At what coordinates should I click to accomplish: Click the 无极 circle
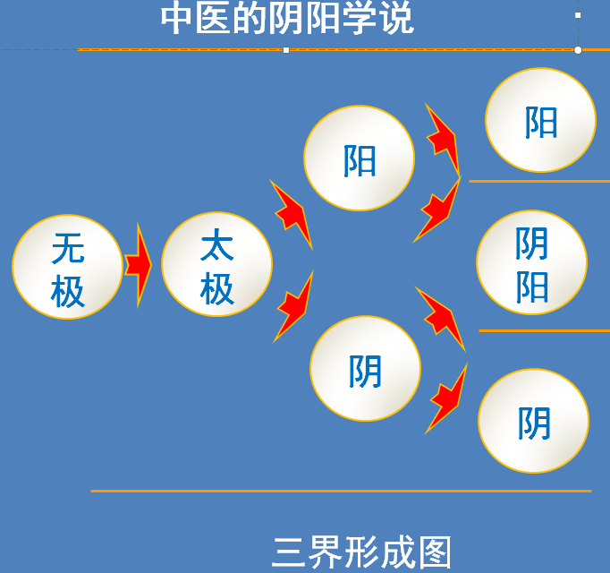coord(68,267)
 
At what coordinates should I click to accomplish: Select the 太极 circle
coord(217,264)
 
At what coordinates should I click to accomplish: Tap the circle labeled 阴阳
coord(532,262)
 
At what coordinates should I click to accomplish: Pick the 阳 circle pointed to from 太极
coord(359,158)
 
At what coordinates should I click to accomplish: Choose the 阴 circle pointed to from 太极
coord(365,368)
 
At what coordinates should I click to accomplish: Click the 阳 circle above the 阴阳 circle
coord(541,120)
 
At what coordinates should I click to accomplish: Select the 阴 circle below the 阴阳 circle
coord(533,421)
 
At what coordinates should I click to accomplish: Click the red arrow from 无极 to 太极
coord(138,265)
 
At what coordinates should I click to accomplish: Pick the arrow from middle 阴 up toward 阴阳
coord(442,319)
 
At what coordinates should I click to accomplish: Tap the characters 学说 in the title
coord(377,18)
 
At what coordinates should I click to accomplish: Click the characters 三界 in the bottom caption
coord(307,552)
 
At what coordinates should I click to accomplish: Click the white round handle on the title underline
coord(578,50)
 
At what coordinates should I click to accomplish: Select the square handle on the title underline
coord(286,50)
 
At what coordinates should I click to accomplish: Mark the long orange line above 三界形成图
coord(341,492)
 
